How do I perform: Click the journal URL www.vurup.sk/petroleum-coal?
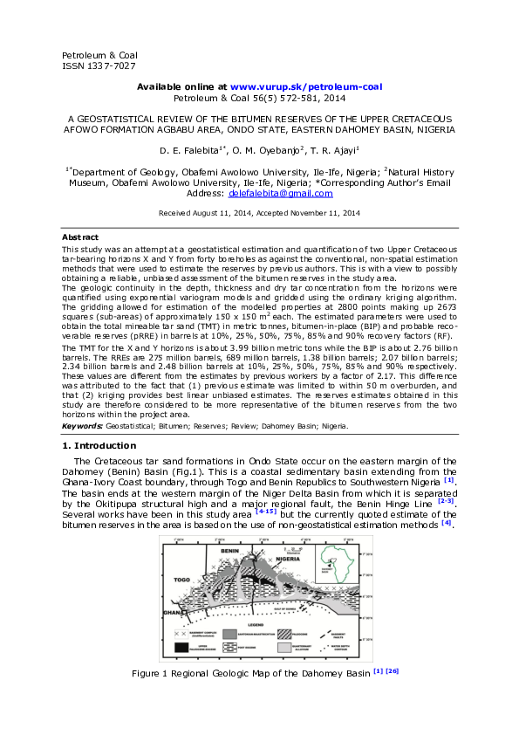[x=305, y=87]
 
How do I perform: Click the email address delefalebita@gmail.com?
[x=287, y=193]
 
